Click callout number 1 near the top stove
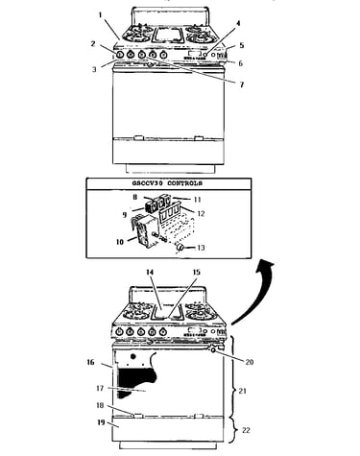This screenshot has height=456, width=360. (x=100, y=15)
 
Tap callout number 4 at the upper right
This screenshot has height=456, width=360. (x=238, y=23)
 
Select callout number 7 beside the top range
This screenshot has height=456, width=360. (x=242, y=84)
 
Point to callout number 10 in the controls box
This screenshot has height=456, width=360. (x=120, y=242)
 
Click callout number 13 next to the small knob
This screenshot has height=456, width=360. (x=201, y=248)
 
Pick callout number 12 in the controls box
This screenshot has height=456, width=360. (x=201, y=213)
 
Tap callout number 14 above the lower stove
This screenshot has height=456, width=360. (x=150, y=273)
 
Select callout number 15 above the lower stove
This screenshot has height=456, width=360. (x=197, y=273)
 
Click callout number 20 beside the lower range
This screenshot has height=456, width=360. (x=250, y=362)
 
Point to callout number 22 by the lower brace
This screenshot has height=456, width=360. (x=246, y=430)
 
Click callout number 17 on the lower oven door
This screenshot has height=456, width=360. (x=100, y=388)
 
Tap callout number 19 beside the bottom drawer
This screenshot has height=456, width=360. (x=101, y=422)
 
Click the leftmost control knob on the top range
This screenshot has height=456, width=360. (x=119, y=55)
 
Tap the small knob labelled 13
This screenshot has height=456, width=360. (x=180, y=247)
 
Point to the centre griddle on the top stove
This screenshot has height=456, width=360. (x=168, y=35)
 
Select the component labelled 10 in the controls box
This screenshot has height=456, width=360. (x=143, y=231)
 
